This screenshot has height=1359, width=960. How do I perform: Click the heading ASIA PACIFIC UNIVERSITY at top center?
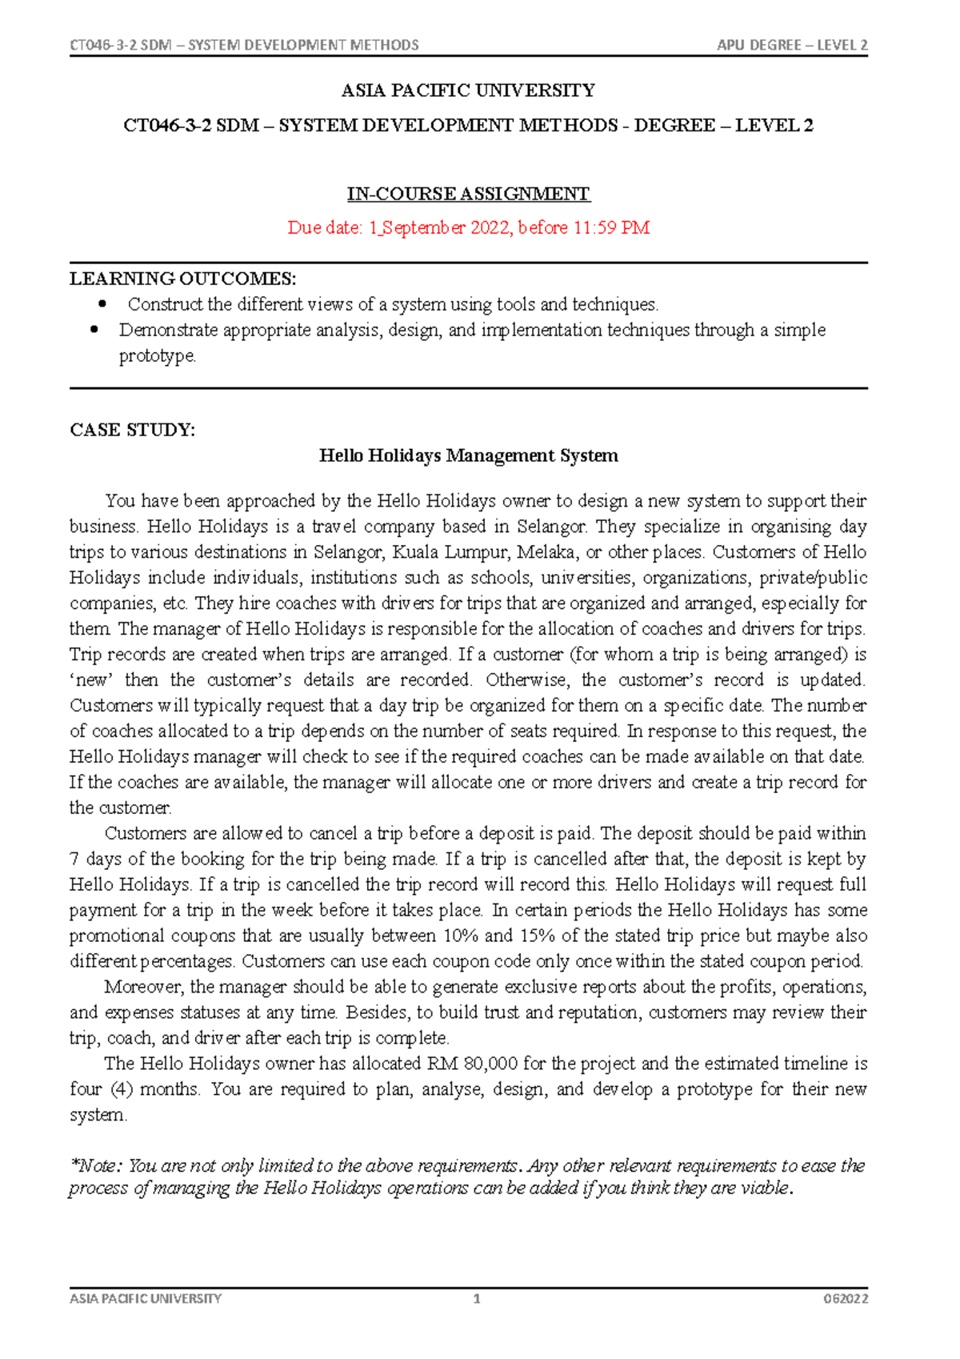pyautogui.click(x=468, y=90)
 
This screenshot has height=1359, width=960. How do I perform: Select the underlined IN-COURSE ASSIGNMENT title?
pyautogui.click(x=468, y=194)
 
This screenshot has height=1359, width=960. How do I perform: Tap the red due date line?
pyautogui.click(x=468, y=228)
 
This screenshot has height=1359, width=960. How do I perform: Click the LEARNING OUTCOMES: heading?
pyautogui.click(x=182, y=279)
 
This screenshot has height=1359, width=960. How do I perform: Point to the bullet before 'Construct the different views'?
pyautogui.click(x=102, y=304)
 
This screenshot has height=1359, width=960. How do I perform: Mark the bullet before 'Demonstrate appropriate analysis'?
pyautogui.click(x=94, y=329)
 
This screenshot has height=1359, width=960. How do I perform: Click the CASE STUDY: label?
pyautogui.click(x=132, y=430)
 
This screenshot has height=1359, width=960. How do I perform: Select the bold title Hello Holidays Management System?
pyautogui.click(x=468, y=455)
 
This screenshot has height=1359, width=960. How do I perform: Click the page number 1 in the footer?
pyautogui.click(x=477, y=1299)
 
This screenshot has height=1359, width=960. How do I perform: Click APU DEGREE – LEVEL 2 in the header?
pyautogui.click(x=792, y=45)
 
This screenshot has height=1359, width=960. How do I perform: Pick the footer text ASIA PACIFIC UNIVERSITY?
pyautogui.click(x=146, y=1299)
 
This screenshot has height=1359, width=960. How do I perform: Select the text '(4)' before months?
pyautogui.click(x=122, y=1089)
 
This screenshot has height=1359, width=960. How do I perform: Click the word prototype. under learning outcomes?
pyautogui.click(x=157, y=355)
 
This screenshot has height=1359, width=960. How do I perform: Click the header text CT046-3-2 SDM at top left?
pyautogui.click(x=121, y=45)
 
